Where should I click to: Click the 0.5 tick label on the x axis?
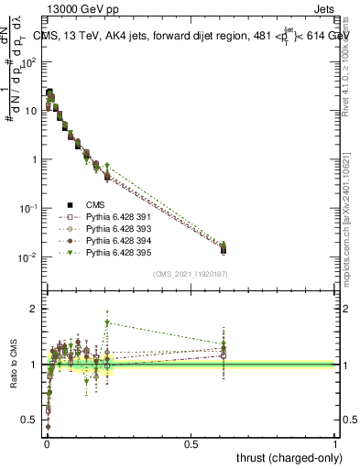click(x=191, y=442)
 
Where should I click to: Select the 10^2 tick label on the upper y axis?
click(x=29, y=62)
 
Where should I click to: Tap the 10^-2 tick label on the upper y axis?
click(x=29, y=257)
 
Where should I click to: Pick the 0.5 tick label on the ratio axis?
click(x=29, y=420)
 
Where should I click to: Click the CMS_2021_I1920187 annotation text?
click(x=191, y=274)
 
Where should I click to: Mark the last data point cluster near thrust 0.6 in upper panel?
click(x=223, y=246)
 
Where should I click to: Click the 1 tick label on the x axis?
click(x=335, y=442)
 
